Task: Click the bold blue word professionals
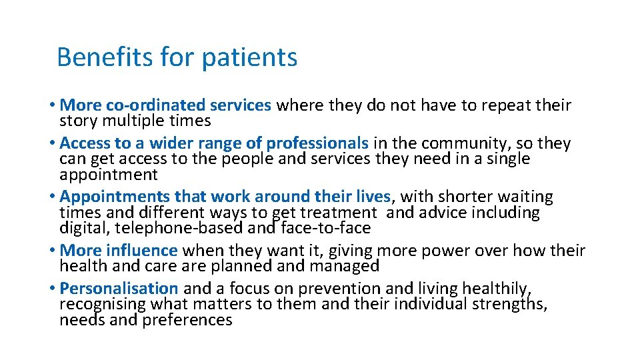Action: tap(317, 143)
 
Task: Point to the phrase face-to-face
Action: tap(327, 228)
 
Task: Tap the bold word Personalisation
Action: tap(119, 289)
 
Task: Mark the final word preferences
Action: tap(189, 320)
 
